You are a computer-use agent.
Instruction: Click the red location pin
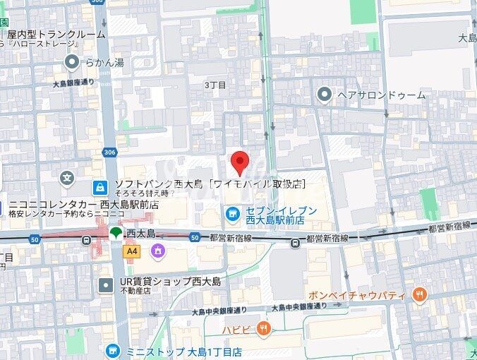240,162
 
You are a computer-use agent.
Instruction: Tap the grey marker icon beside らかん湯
72,63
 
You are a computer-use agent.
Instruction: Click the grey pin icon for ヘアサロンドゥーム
325,94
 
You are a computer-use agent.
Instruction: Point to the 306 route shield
109,152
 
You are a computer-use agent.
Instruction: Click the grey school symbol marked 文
67,178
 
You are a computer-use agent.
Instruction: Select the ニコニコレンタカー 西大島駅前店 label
83,205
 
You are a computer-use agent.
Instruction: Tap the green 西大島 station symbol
115,233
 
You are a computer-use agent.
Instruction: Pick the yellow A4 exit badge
131,250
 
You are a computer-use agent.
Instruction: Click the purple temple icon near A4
157,250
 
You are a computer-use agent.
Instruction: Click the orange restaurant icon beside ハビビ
264,328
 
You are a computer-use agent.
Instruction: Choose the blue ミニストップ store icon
112,351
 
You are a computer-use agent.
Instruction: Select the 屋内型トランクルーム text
56,34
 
